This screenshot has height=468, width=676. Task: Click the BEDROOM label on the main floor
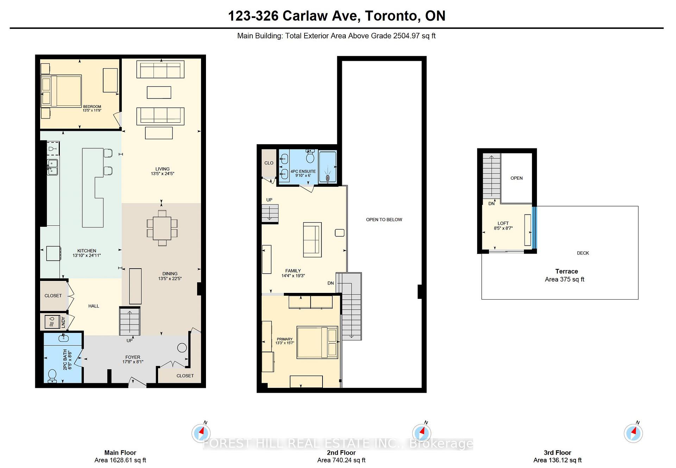pos(92,107)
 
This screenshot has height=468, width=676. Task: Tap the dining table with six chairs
pos(162,228)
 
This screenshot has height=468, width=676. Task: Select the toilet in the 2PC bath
pos(52,376)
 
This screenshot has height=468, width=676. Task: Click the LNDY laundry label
pos(63,322)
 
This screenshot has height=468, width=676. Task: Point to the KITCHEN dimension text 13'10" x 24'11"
pos(87,255)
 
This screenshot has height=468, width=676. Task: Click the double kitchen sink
pos(53,167)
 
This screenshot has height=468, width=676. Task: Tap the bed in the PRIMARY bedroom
pos(317,342)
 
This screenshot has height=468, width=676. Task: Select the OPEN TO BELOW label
pos(384,219)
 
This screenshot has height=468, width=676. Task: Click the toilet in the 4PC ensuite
pos(310,156)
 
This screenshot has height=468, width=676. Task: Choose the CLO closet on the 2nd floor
pos(269,163)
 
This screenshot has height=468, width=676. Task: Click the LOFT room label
pos(503,223)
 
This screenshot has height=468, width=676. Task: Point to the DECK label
pos(583,253)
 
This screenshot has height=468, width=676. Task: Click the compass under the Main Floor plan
pos(201,432)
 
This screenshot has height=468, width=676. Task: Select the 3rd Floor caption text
pos(557,453)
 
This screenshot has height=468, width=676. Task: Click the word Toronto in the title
pos(391,16)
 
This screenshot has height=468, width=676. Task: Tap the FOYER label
pos(133,357)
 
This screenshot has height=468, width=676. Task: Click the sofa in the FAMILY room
pos(312,239)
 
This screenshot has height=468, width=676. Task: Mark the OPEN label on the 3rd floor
pos(516,178)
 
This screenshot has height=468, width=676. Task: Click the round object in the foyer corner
pos(182,348)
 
